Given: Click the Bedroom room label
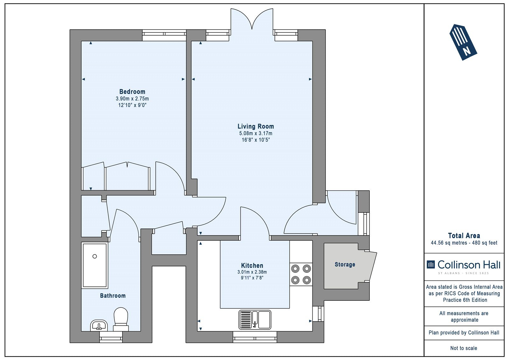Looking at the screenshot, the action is (132, 92).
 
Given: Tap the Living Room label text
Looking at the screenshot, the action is (256, 126).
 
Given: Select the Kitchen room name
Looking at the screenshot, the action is (252, 265).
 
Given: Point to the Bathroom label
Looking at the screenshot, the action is (113, 296).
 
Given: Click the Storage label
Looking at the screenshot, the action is (345, 265).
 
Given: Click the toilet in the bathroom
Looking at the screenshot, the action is (121, 319).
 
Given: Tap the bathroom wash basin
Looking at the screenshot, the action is (99, 325).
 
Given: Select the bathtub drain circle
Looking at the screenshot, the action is (95, 256).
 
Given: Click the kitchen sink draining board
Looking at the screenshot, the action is (245, 320).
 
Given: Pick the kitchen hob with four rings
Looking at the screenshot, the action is (301, 274).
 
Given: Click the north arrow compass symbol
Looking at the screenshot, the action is (463, 42).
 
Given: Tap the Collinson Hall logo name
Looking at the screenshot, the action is (469, 265).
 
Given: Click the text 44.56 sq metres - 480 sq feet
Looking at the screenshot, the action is (464, 243).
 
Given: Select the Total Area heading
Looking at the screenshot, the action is (464, 236).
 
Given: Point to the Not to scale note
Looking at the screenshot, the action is (464, 348).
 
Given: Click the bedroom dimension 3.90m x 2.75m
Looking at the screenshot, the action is (132, 99).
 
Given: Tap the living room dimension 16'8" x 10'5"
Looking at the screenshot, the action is (256, 140).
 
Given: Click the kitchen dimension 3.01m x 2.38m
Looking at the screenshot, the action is (252, 272).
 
